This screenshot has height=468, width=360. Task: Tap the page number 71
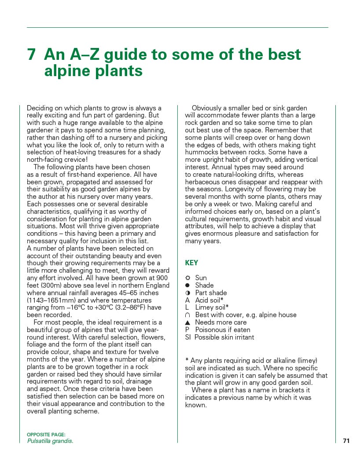coord(346,441)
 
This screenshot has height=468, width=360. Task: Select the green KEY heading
coord(191,263)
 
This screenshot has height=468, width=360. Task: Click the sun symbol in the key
coord(187,278)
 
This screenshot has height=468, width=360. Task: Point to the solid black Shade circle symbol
coord(187,285)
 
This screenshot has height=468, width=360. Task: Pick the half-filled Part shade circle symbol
coord(187,293)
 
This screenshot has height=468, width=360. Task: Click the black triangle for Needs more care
coord(187,322)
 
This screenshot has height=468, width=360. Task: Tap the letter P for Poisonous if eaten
coord(187,330)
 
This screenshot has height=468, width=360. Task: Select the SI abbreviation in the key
coord(188,337)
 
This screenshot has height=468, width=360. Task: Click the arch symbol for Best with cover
coord(187,315)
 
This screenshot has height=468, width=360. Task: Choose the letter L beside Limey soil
coord(187,307)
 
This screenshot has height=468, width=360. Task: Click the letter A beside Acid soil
coord(187,300)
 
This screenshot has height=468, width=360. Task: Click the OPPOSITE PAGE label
coord(46,435)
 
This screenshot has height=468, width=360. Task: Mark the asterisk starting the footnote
coord(187,360)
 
